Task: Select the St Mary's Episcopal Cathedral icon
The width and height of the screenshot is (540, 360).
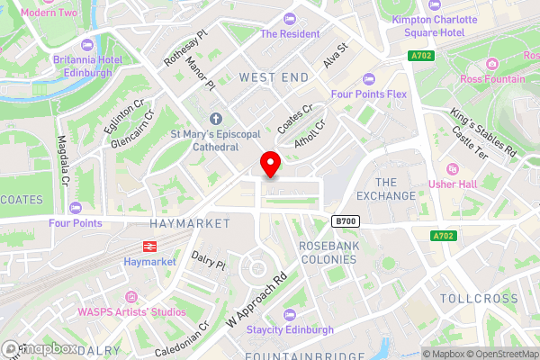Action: [215, 119]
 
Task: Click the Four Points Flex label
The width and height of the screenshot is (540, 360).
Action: [370, 94]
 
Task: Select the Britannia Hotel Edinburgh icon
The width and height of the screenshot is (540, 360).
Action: [86, 43]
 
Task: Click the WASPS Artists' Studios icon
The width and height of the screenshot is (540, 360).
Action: [132, 296]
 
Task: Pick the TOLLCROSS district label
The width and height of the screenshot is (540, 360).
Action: [479, 298]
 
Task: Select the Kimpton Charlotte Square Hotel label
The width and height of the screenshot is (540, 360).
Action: [428, 25]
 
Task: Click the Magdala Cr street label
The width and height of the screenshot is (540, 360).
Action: [63, 160]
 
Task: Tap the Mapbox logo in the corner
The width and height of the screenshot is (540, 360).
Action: [40, 348]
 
